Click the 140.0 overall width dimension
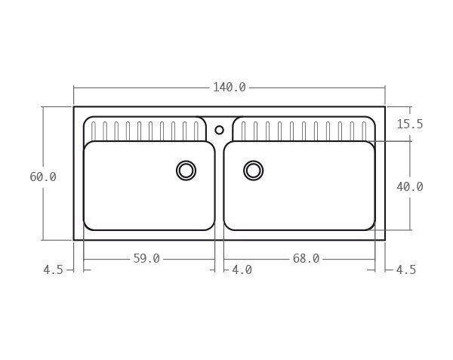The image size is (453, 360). pyautogui.click(x=229, y=88)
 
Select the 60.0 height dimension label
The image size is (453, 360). pyautogui.click(x=43, y=177)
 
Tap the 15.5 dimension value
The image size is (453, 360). pyautogui.click(x=409, y=125)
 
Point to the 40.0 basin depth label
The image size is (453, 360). pyautogui.click(x=409, y=186)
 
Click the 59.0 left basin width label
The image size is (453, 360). pyautogui.click(x=146, y=259)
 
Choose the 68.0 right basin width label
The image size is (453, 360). pyautogui.click(x=306, y=259)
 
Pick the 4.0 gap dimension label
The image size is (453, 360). pyautogui.click(x=242, y=269)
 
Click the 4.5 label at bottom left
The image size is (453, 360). pyautogui.click(x=53, y=269)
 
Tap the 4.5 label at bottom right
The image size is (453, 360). pyautogui.click(x=405, y=269)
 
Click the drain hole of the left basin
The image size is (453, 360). pyautogui.click(x=186, y=171)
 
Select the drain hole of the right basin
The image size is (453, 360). pyautogui.click(x=254, y=171)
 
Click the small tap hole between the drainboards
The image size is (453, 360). pyautogui.click(x=220, y=130)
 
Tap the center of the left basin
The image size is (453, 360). pyautogui.click(x=149, y=186)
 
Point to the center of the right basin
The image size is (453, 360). pyautogui.click(x=299, y=186)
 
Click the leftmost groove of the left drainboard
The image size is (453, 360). pyautogui.click(x=94, y=131)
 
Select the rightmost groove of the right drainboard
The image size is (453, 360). pyautogui.click(x=363, y=131)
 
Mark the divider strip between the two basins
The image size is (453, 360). pyautogui.click(x=219, y=189)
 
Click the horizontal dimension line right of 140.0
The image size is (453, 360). pyautogui.click(x=317, y=88)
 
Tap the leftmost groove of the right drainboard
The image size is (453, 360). pyautogui.click(x=243, y=131)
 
